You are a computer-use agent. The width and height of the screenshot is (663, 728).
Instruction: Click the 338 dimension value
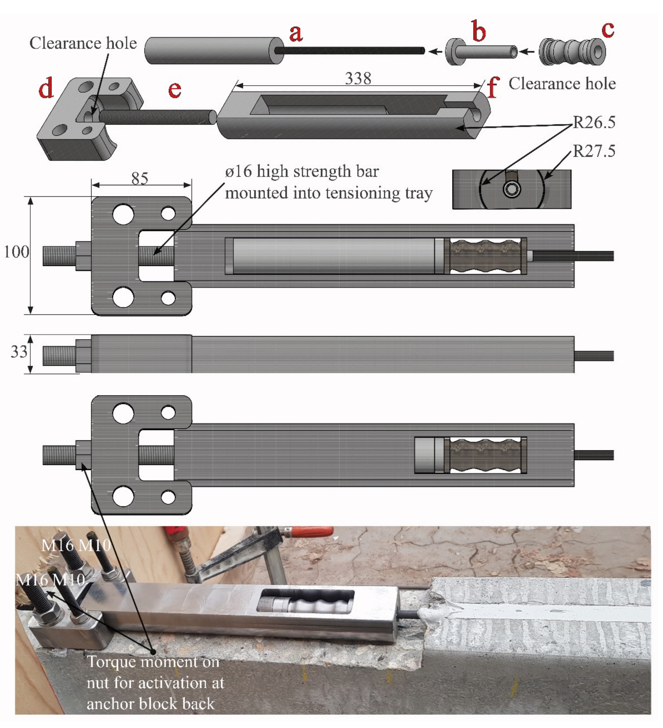(358, 78)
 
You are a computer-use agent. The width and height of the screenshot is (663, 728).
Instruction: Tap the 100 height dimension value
(16, 252)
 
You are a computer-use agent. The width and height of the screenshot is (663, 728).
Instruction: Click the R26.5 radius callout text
(594, 122)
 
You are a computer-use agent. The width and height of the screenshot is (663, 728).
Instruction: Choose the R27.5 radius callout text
(594, 151)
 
